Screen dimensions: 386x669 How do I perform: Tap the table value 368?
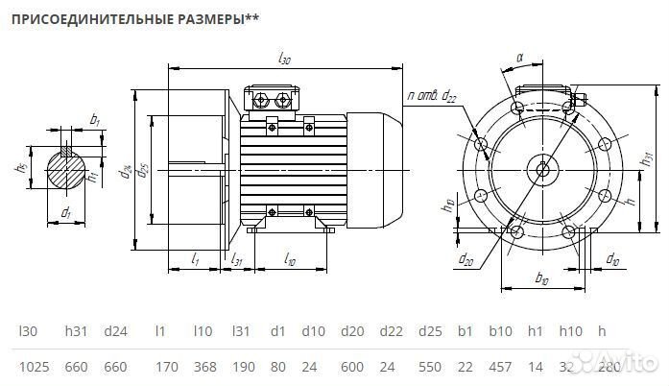coord(203,367)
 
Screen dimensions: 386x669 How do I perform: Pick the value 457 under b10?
coord(500,367)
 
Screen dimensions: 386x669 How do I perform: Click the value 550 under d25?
coord(432,367)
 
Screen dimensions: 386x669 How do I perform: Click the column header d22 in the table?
coord(392,331)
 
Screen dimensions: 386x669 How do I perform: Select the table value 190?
coord(242,367)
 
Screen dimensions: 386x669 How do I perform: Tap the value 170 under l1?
coord(166,367)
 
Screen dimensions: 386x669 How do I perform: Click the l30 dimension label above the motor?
coord(284,59)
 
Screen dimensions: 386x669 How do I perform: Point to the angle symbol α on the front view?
coord(519,59)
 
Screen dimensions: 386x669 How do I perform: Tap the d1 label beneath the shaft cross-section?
coord(65,211)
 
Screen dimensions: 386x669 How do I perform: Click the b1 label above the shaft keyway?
coord(94,119)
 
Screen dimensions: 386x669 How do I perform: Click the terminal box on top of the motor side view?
coord(274,99)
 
